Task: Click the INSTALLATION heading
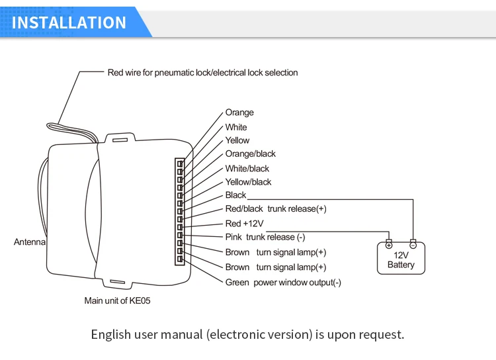69,22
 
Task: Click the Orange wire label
239,112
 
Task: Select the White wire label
236,127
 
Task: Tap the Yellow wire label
237,140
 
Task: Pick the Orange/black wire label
251,154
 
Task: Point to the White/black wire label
247,169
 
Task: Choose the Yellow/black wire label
249,182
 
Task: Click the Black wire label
235,195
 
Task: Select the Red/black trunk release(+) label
276,209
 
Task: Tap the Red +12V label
245,224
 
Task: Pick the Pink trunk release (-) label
265,237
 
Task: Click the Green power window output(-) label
283,283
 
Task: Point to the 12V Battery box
401,259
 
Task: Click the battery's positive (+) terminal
389,244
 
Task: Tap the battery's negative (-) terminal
413,244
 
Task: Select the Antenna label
30,242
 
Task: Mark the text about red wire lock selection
202,72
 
